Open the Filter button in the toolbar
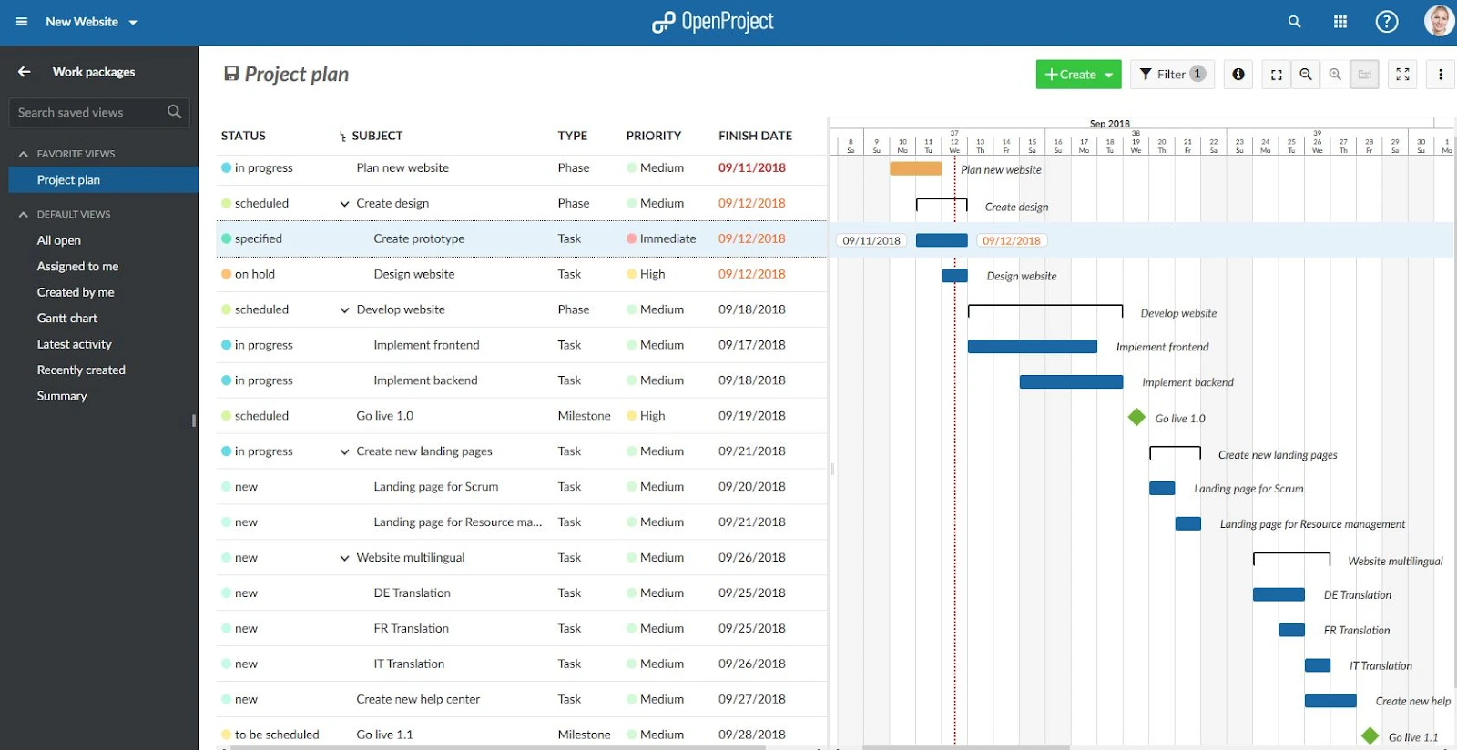(1172, 75)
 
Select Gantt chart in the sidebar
(67, 319)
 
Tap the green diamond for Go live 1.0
(1136, 417)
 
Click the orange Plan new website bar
(915, 168)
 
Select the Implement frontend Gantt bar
(1032, 347)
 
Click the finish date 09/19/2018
(751, 416)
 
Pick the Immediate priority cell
(667, 238)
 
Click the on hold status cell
(254, 274)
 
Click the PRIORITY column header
(653, 136)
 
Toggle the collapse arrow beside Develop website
(344, 310)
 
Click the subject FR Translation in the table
(411, 629)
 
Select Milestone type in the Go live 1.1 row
(584, 735)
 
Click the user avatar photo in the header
(1438, 21)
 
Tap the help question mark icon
(1386, 22)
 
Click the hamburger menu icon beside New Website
(22, 22)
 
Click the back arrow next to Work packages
(25, 72)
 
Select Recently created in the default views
(81, 370)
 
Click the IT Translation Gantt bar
(1317, 665)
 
